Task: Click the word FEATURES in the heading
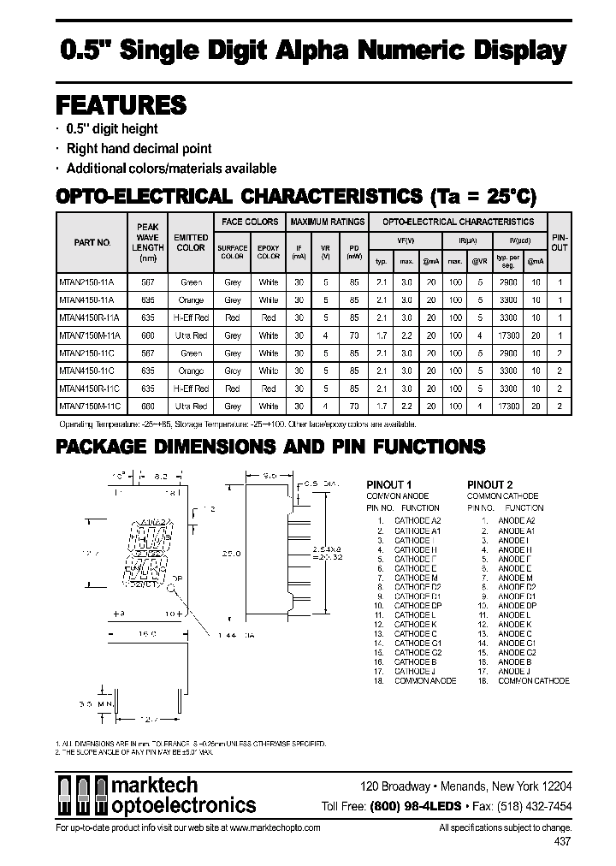(x=121, y=105)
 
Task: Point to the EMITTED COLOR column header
(x=191, y=242)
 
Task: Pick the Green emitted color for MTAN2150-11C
(x=191, y=353)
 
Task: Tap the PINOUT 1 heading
(x=389, y=484)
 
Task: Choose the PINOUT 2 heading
(x=491, y=484)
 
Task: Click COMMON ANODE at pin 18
(x=424, y=681)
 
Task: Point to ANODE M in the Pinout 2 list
(x=514, y=578)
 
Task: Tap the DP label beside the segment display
(x=175, y=580)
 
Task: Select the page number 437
(x=562, y=843)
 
